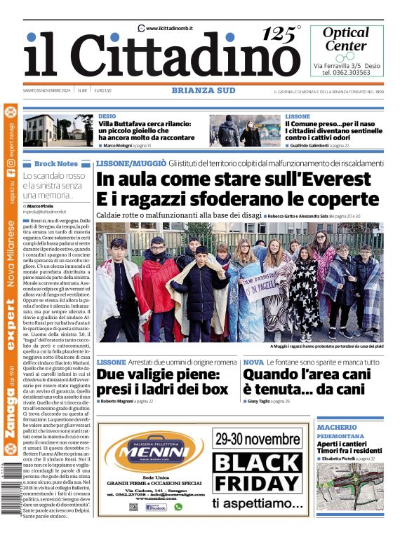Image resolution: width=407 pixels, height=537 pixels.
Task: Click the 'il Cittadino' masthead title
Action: [161, 55]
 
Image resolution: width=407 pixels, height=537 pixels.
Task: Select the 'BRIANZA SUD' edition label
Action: [203, 90]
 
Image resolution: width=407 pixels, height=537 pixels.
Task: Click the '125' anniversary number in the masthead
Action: [280, 33]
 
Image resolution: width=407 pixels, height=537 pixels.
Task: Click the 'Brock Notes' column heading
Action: [55, 163]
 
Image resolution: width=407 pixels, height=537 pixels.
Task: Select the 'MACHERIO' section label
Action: [337, 427]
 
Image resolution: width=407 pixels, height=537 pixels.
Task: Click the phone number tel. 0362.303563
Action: [346, 73]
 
